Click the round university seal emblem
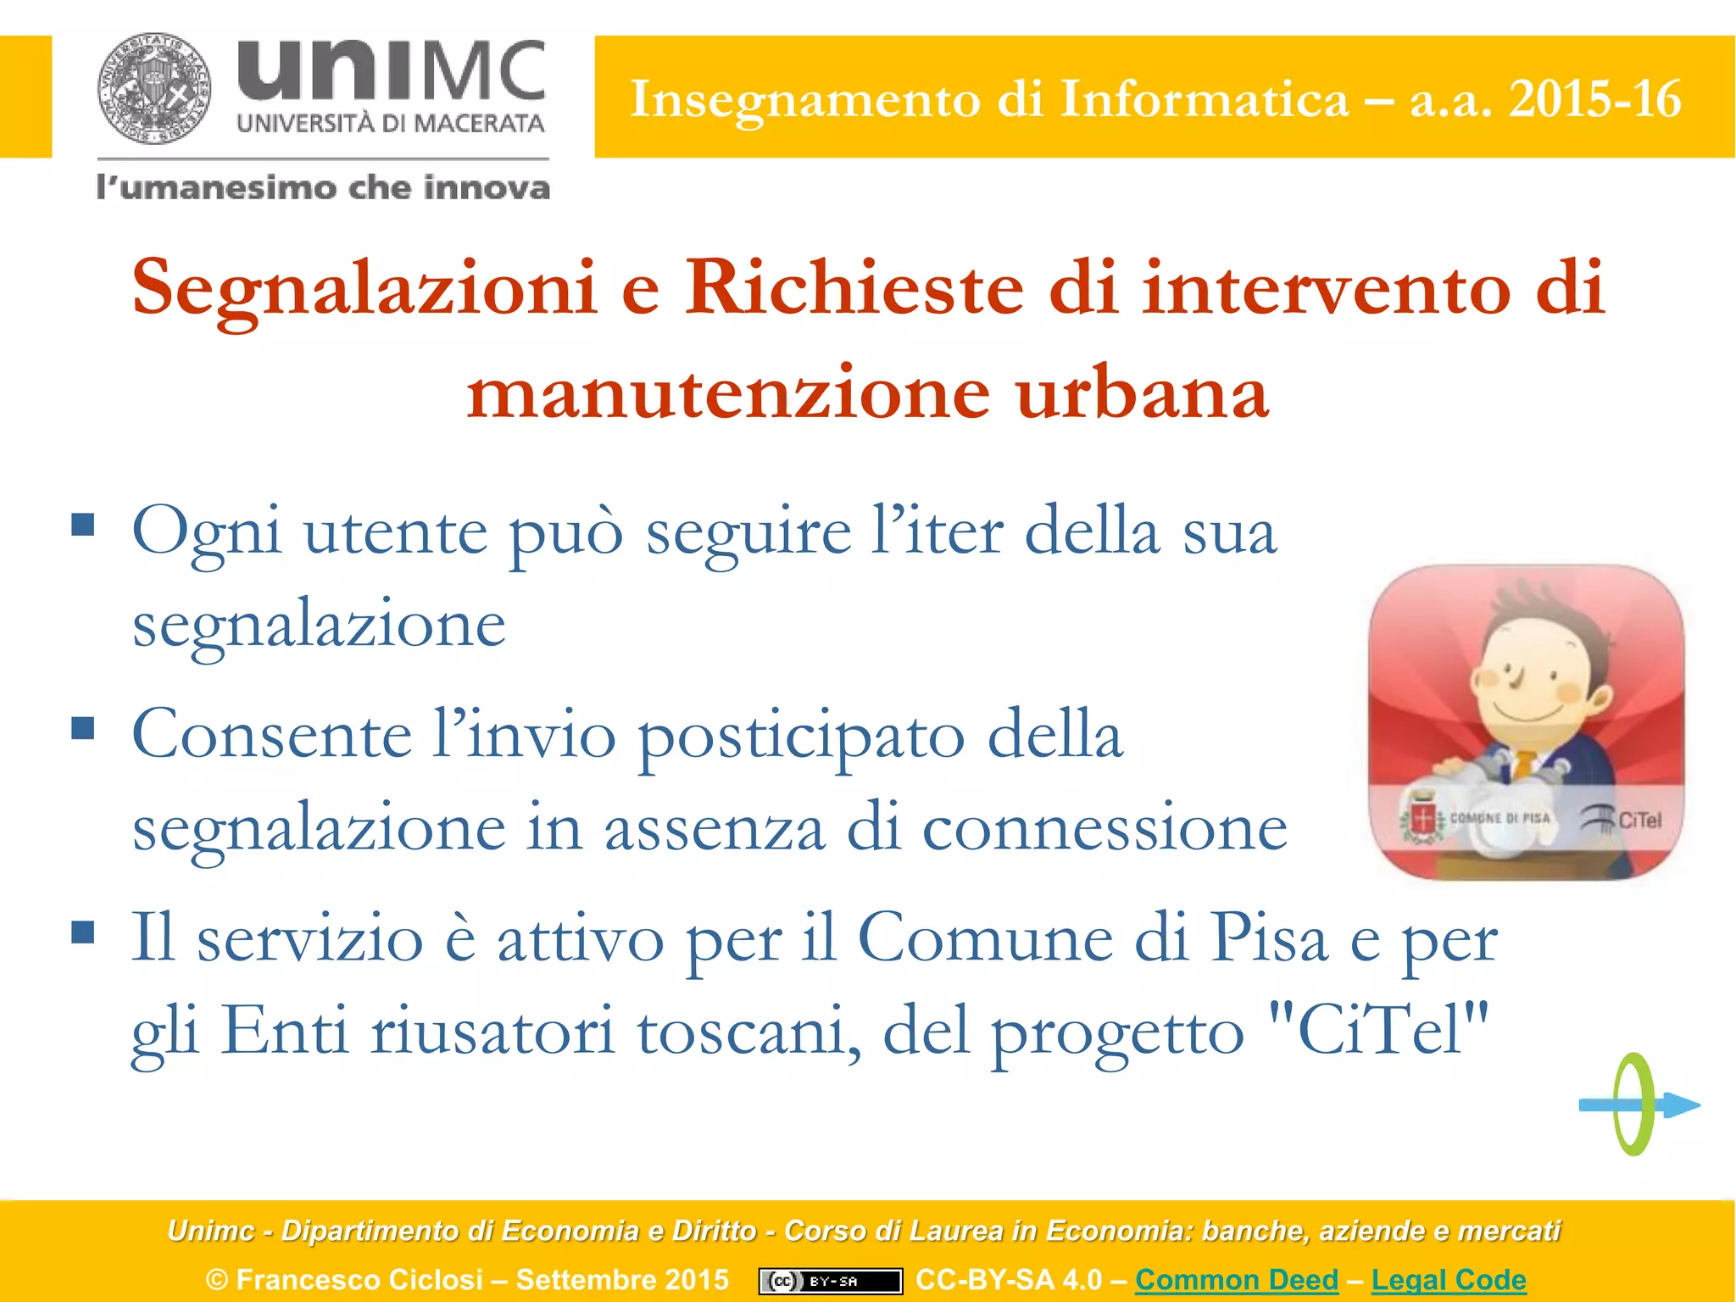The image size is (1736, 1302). (x=154, y=88)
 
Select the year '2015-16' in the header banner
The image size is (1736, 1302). (x=1594, y=99)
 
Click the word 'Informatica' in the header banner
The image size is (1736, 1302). (x=1204, y=99)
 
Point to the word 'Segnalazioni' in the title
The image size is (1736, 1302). (x=364, y=288)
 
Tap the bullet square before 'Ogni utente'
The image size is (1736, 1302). (x=83, y=525)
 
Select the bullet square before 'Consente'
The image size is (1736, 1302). (x=83, y=728)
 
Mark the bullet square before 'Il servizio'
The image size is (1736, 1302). (x=83, y=932)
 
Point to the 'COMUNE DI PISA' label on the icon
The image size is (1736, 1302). (x=1500, y=819)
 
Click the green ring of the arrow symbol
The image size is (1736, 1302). (x=1633, y=1104)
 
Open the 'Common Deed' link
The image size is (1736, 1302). (x=1237, y=1279)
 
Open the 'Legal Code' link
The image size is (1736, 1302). (x=1449, y=1279)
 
